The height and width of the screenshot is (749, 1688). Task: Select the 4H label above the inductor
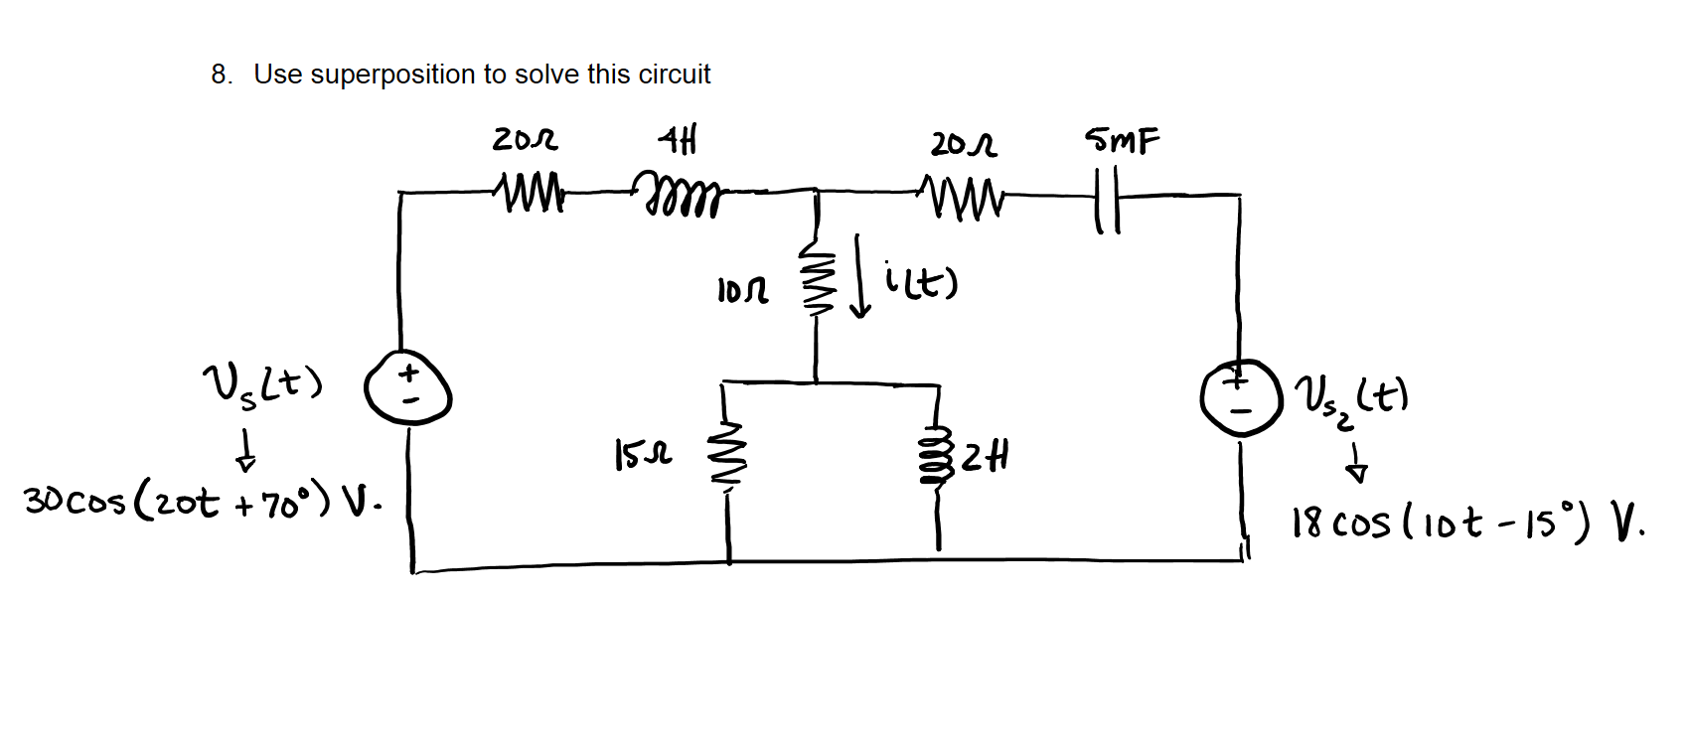[678, 140]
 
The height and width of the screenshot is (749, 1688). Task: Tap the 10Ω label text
[742, 291]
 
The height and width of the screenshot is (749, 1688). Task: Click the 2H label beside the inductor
[987, 458]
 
